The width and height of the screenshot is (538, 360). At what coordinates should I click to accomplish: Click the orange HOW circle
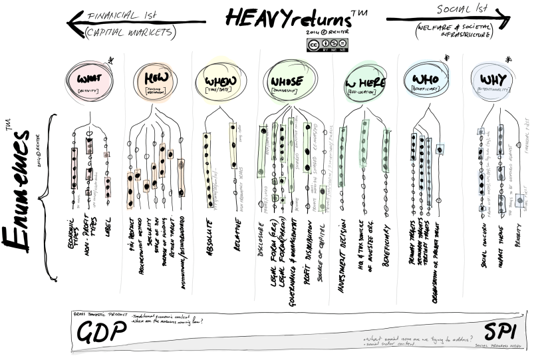(155, 81)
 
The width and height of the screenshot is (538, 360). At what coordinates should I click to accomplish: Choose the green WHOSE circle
(288, 81)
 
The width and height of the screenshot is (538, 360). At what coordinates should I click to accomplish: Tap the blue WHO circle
(427, 81)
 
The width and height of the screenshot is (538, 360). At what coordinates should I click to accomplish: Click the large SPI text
(497, 330)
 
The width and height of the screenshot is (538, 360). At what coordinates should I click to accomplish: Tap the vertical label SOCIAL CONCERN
(481, 246)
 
